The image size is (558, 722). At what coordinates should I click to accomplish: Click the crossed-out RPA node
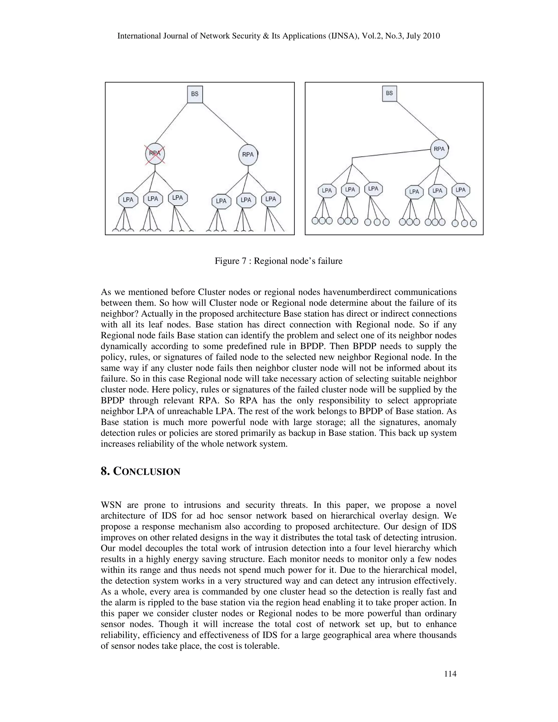click(x=155, y=154)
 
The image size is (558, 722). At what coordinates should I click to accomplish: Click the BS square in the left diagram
click(x=195, y=94)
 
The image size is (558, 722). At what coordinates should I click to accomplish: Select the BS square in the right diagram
click(x=389, y=93)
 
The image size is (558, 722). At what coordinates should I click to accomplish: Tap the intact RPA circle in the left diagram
click(x=248, y=155)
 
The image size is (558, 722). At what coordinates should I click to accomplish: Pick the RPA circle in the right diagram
click(x=439, y=149)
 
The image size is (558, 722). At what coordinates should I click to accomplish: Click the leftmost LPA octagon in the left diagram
click(x=128, y=200)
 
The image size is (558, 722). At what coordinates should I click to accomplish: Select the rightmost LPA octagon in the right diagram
click(x=460, y=190)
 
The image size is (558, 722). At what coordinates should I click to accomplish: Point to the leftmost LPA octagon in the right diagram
click(x=327, y=191)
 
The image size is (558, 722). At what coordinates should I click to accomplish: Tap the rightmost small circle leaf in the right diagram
click(x=473, y=223)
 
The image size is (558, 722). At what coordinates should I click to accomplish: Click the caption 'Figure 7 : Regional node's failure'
click(x=278, y=261)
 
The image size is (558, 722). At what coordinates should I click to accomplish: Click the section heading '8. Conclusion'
click(x=141, y=471)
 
